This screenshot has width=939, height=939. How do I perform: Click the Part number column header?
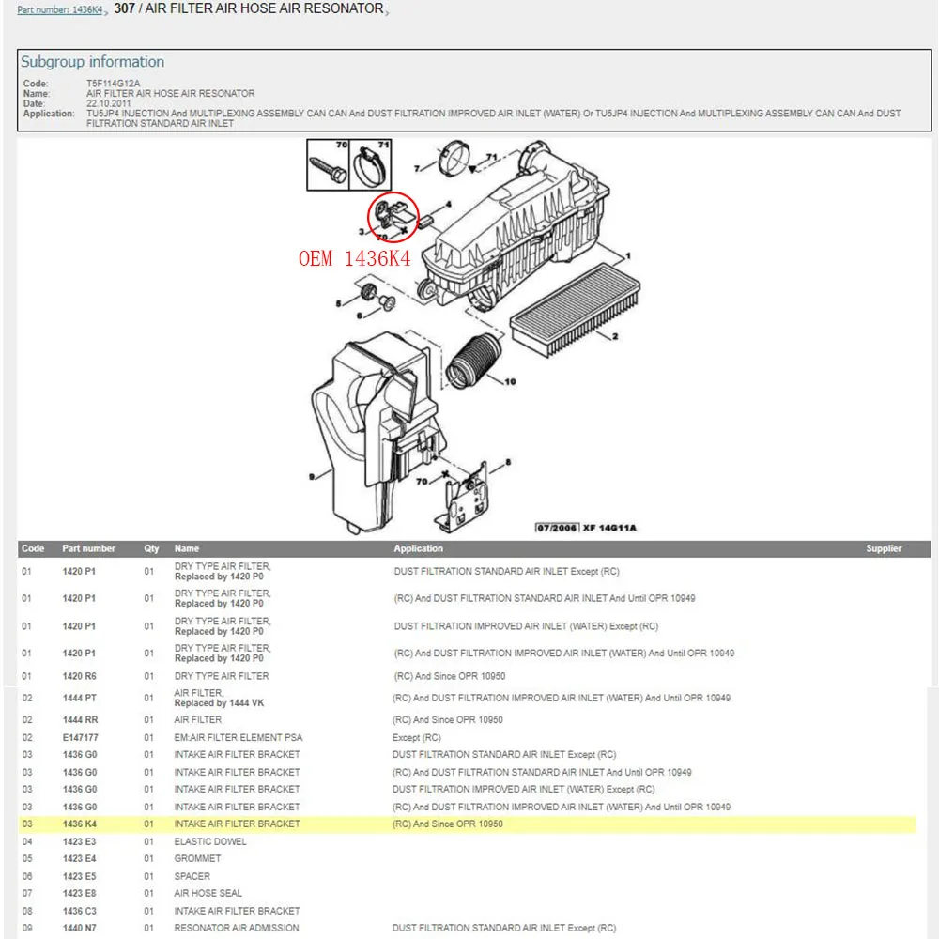[89, 548]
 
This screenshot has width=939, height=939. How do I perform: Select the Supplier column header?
[884, 548]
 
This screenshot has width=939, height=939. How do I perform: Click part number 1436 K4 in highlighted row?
[80, 824]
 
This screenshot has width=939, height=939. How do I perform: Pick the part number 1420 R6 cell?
[80, 676]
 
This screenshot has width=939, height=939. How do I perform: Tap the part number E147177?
[81, 738]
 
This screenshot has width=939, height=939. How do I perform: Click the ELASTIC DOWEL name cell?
[209, 842]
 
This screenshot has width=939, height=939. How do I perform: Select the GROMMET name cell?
[196, 859]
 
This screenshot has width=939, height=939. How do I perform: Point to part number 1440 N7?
[80, 929]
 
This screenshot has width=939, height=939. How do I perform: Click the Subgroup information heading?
[92, 62]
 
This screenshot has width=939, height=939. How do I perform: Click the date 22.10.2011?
[110, 103]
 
